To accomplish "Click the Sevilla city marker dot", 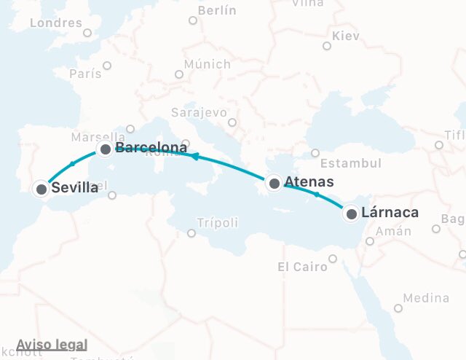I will point(42,189).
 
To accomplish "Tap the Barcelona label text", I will point(151,149).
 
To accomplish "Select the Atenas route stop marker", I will point(275,183).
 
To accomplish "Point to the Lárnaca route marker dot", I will point(352,214).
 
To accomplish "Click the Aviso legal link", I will point(52,345).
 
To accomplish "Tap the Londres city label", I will point(55,23).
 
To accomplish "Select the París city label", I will point(85,74).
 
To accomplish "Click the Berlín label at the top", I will point(217,11).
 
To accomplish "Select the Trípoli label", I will point(218,223).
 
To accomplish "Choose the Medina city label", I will point(426,298).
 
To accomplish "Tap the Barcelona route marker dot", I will point(106,149).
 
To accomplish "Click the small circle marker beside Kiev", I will point(327,46).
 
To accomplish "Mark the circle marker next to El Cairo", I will point(333,259).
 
